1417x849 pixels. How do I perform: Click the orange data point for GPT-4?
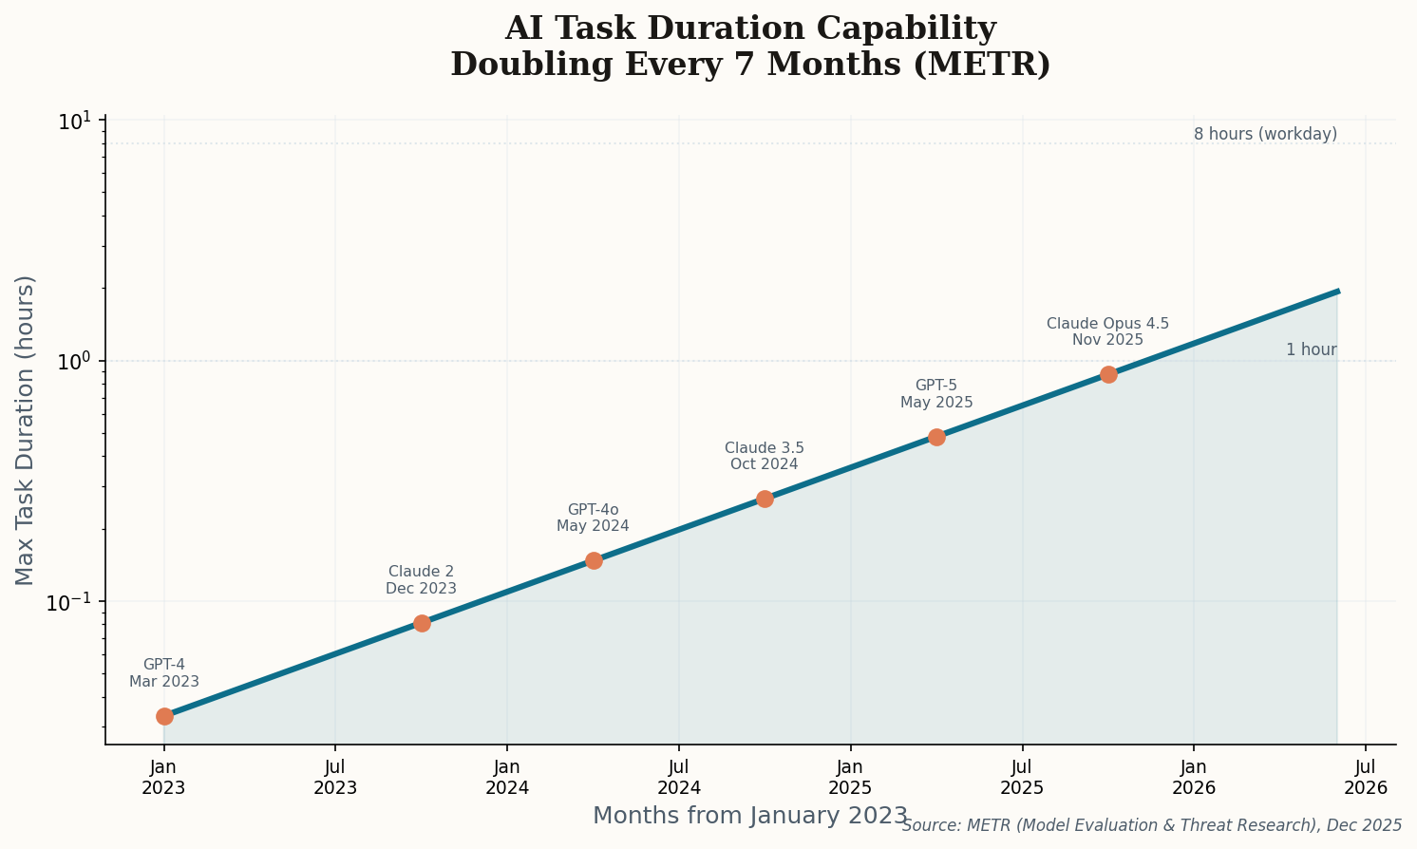click(164, 716)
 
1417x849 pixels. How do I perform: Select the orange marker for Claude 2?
click(422, 623)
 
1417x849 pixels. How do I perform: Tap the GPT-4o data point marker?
click(594, 560)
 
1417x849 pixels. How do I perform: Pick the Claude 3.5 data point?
click(765, 499)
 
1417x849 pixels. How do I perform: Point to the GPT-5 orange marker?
click(936, 437)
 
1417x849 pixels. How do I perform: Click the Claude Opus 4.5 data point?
click(1108, 374)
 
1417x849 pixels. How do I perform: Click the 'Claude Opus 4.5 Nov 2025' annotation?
click(1107, 332)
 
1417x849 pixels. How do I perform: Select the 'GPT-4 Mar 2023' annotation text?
click(164, 673)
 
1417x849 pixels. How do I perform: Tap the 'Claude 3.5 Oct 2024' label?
click(764, 456)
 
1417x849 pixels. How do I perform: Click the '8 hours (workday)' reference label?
click(1265, 134)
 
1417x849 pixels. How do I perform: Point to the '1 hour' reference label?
click(1311, 349)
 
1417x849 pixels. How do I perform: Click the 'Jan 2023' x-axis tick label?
click(163, 777)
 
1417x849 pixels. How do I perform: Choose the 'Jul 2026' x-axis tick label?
click(1366, 777)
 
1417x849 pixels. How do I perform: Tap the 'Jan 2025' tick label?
click(850, 777)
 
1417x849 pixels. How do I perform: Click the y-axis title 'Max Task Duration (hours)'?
click(26, 430)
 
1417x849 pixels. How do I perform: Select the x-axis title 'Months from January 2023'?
click(750, 816)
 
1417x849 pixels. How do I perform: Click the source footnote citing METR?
click(1151, 825)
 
